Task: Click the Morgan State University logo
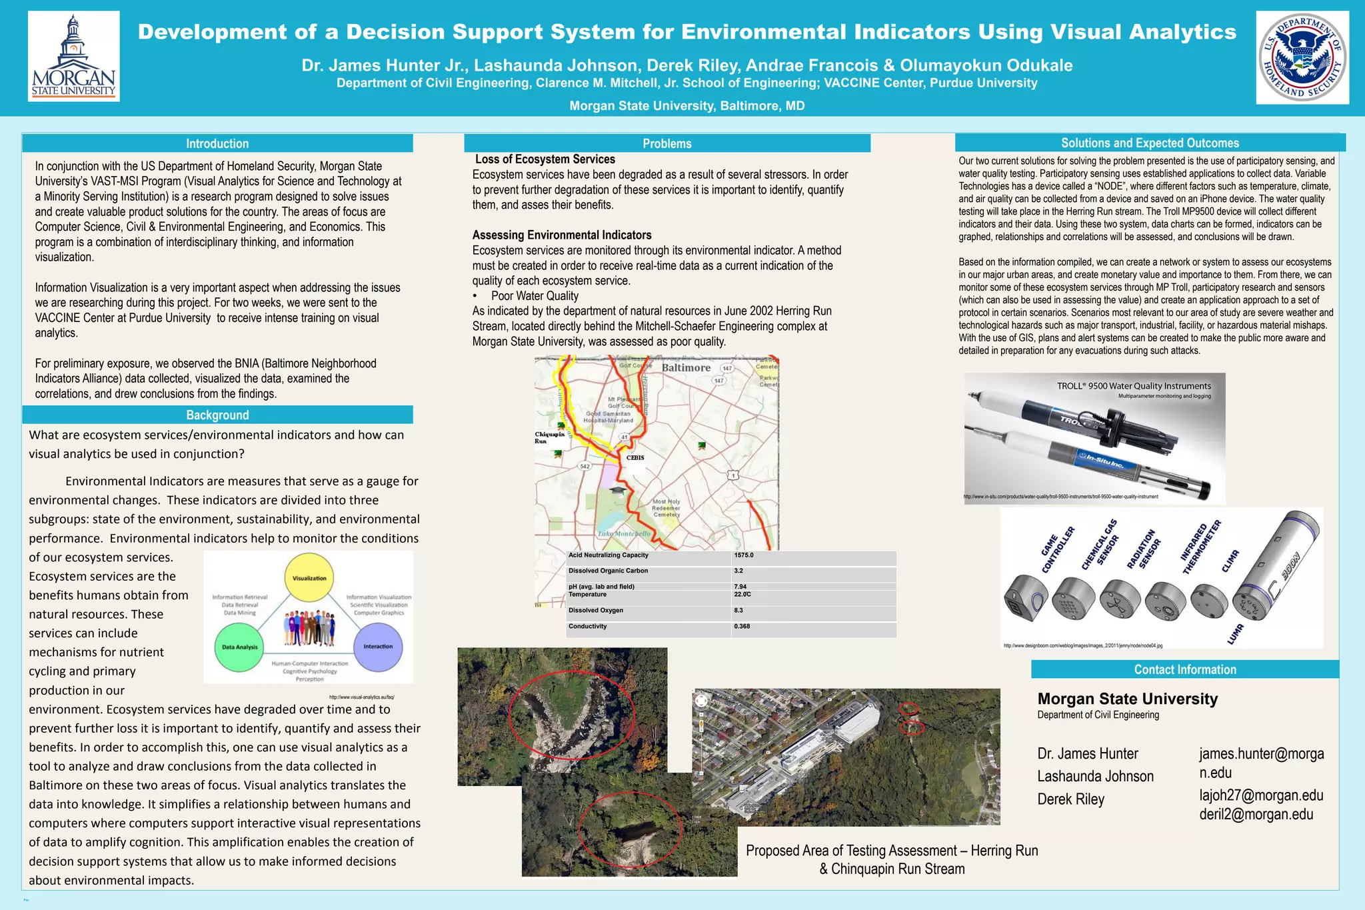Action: tap(73, 57)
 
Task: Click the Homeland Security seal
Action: tap(1302, 57)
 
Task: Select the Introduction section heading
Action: tap(217, 143)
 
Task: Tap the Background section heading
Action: tap(217, 415)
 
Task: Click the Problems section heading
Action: tap(667, 143)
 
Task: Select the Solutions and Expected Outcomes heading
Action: tap(1150, 143)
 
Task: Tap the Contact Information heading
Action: tap(1184, 669)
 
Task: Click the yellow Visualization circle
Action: tap(309, 578)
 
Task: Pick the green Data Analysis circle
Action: tap(239, 647)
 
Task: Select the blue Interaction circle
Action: tap(378, 647)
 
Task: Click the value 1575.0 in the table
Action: tap(744, 555)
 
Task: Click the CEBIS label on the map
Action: tap(635, 458)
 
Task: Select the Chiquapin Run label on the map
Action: tap(549, 437)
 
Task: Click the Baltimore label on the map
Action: tap(686, 368)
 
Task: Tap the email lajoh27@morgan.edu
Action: tap(1261, 795)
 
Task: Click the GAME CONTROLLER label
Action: tap(1058, 550)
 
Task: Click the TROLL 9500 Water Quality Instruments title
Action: tap(1134, 386)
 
